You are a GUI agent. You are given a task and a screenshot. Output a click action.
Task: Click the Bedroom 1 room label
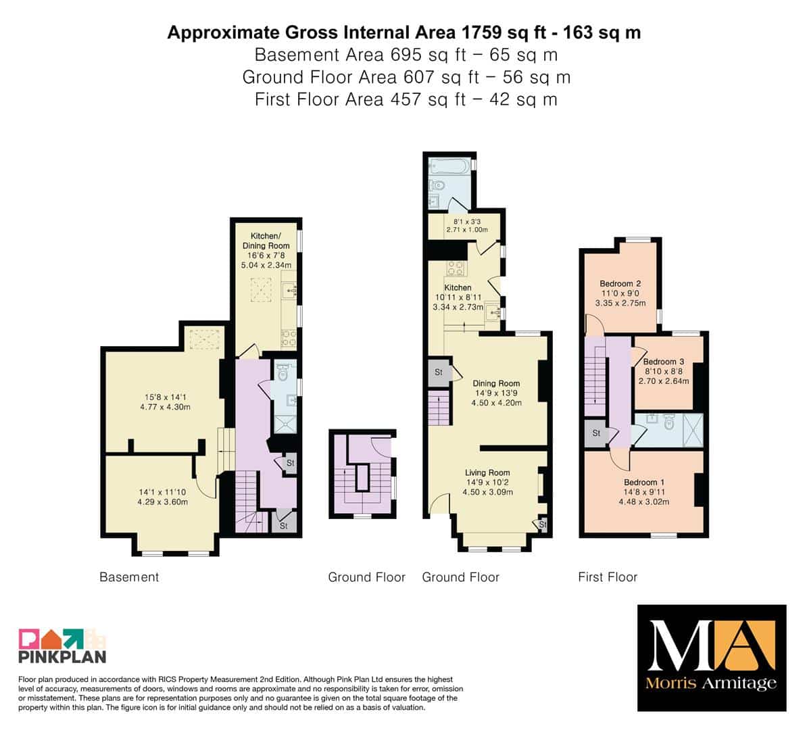point(643,482)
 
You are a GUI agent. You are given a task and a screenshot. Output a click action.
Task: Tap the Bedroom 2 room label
point(620,283)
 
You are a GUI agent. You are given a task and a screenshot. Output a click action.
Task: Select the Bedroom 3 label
point(663,362)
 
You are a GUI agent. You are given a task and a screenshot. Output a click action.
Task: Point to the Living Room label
point(487,472)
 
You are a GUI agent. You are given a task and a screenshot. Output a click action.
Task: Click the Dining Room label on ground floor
point(496,383)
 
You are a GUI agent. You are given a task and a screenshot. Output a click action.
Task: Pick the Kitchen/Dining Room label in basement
point(266,241)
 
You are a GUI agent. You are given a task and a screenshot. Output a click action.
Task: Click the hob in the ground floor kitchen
point(456,268)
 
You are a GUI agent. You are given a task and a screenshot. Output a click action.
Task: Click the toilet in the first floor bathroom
point(668,422)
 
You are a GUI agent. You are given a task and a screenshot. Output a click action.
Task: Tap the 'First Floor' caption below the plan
point(608,577)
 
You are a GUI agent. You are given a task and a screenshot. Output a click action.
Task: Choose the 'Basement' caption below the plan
point(129,577)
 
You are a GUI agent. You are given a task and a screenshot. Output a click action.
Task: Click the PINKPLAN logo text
point(63,656)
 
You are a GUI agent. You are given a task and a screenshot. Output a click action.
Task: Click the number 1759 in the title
point(482,32)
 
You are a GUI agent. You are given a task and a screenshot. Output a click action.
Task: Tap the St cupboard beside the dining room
point(439,372)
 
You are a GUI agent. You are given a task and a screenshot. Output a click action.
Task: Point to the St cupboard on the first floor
point(596,433)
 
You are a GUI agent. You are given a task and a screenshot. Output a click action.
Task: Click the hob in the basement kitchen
point(289,339)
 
